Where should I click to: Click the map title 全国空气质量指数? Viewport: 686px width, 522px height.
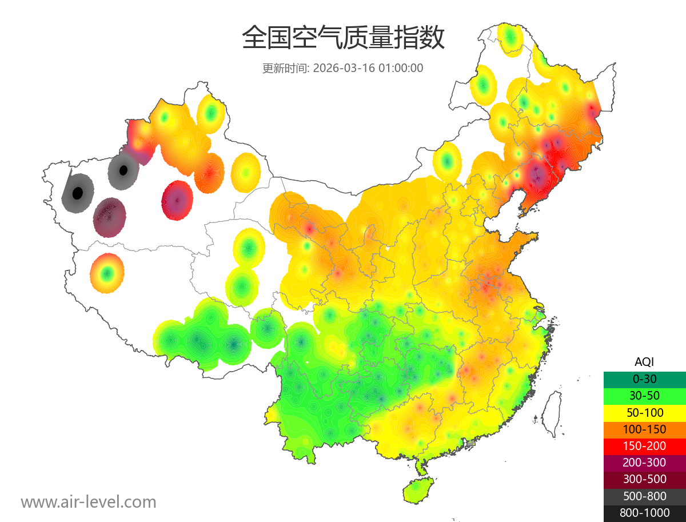click(343, 38)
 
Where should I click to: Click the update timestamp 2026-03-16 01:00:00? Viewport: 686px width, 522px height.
click(343, 68)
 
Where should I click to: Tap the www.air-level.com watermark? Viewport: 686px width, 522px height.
click(89, 502)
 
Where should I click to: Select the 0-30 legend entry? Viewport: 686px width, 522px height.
click(644, 378)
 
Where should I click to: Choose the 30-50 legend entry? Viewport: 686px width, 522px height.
click(644, 395)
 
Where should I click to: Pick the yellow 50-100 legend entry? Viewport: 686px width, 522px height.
click(644, 412)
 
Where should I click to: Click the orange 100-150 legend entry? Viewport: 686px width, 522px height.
click(644, 429)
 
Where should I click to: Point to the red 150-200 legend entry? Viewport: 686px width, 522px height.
click(644, 445)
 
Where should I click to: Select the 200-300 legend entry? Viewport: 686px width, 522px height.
click(644, 462)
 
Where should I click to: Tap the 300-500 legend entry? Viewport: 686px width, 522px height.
click(644, 479)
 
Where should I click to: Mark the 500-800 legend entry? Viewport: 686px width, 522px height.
click(644, 496)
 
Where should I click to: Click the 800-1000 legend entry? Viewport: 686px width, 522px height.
click(644, 513)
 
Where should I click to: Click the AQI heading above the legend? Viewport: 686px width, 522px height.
click(644, 361)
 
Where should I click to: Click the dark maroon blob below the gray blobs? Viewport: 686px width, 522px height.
click(109, 217)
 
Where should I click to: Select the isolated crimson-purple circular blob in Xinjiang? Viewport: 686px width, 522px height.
click(177, 200)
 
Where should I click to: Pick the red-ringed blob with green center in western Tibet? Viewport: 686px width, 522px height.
click(106, 273)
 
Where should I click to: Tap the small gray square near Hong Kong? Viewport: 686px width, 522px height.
click(470, 443)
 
